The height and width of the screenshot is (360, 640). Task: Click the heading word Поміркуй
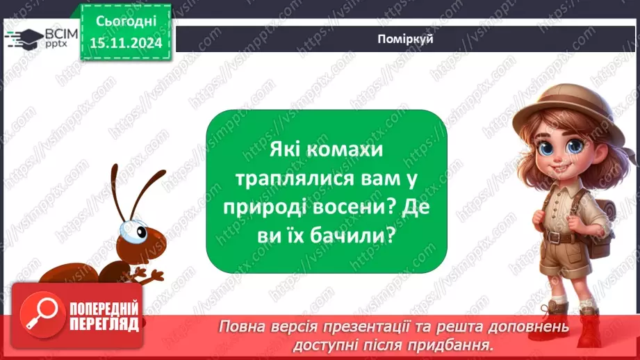[x=407, y=39]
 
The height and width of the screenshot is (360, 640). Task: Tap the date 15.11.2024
[x=125, y=43]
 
